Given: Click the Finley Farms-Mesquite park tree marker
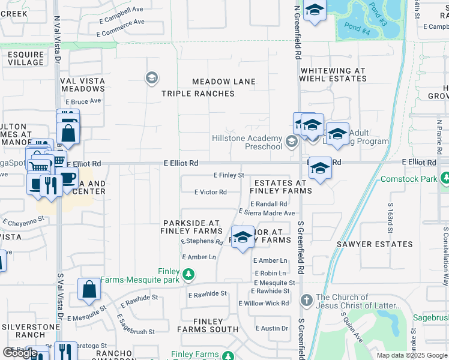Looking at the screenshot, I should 188,275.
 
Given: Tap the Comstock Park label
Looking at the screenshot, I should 410,179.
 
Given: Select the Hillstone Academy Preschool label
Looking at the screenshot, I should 247,142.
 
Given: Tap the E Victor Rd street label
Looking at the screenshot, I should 210,193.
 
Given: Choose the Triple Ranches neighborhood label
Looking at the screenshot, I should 198,94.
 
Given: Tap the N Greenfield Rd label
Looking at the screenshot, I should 297,33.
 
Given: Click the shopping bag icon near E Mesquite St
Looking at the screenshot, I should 89,289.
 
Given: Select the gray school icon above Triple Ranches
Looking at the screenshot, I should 151,77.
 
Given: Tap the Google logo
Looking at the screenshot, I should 20,352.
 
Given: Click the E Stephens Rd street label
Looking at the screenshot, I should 202,242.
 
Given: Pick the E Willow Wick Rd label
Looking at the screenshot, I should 264,303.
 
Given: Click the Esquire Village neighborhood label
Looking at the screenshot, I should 26,58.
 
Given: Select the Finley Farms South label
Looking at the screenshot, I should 208,326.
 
